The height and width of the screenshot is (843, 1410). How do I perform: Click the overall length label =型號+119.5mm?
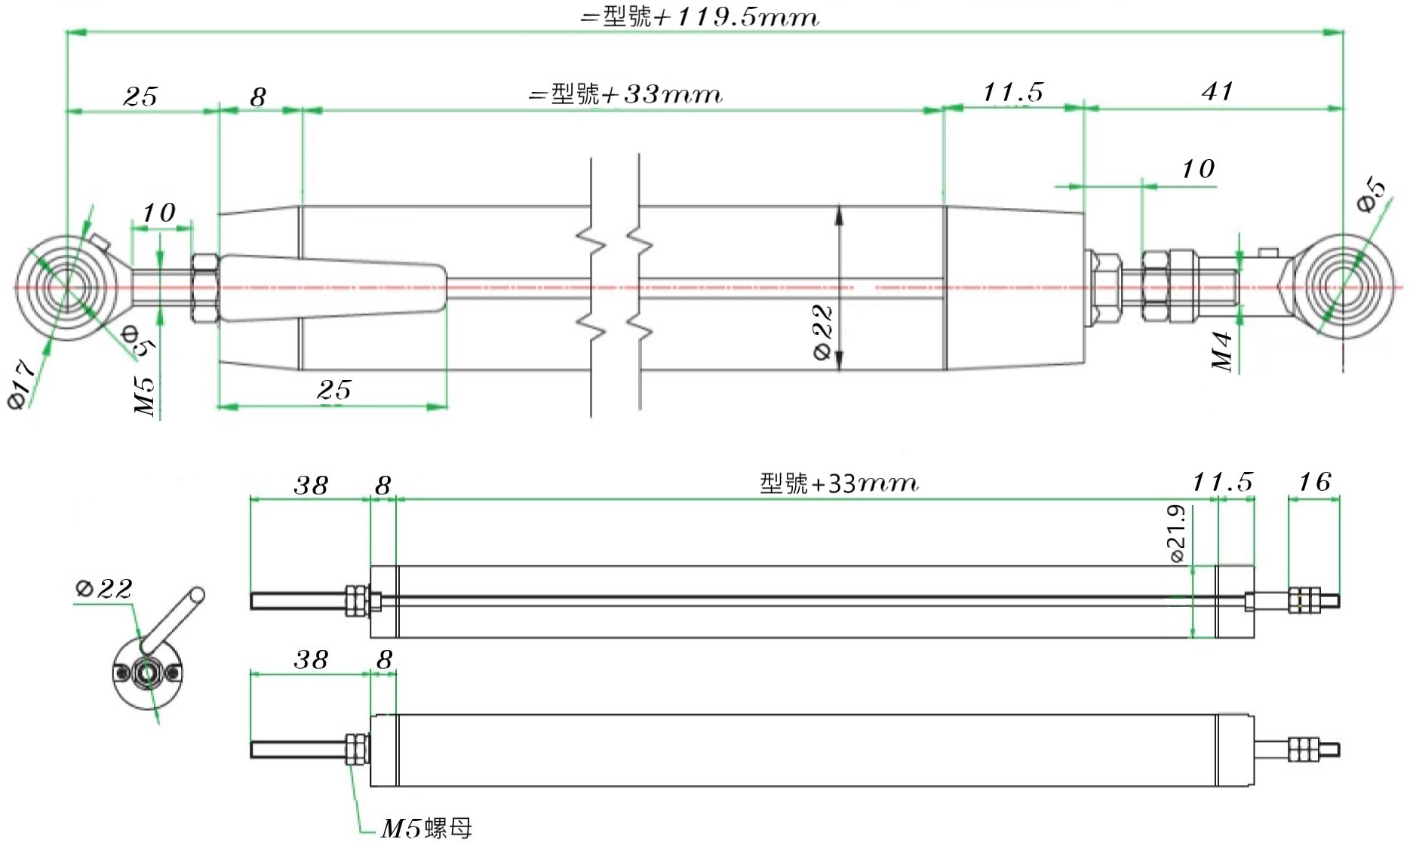(x=699, y=17)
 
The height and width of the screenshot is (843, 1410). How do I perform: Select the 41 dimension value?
(x=1218, y=91)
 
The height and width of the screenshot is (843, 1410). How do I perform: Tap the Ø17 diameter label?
(x=22, y=385)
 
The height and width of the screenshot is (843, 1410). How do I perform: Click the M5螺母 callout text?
(x=426, y=828)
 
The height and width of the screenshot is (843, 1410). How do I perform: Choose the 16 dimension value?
(x=1314, y=482)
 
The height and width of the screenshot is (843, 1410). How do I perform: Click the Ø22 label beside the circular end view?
(x=104, y=588)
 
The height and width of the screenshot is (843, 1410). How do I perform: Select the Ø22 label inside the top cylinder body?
(x=823, y=333)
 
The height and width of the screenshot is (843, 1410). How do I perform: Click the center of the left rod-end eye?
(x=66, y=287)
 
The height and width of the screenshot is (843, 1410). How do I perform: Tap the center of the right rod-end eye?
(x=1344, y=287)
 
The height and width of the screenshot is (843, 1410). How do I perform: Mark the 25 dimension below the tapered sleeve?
(x=334, y=390)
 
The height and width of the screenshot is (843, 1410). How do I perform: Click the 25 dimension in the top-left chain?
(x=141, y=97)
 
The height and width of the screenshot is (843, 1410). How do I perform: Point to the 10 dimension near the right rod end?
(x=1198, y=169)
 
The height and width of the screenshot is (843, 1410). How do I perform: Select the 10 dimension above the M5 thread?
(x=159, y=213)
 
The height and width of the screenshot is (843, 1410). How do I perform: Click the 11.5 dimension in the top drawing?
(x=1013, y=93)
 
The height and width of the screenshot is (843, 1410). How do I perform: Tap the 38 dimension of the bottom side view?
(x=311, y=660)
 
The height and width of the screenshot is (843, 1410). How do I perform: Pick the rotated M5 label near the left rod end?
(x=144, y=397)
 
